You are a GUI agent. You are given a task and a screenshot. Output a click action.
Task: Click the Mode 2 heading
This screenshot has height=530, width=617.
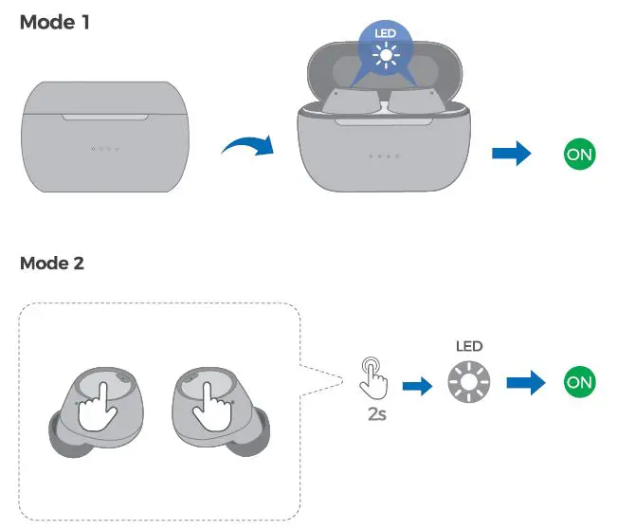tap(53, 263)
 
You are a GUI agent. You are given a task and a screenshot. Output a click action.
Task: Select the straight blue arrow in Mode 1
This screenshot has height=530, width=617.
tap(511, 155)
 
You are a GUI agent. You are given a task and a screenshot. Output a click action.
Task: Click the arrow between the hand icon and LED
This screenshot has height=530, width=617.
tap(416, 385)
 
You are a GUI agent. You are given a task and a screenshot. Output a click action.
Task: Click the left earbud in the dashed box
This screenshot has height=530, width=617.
tap(96, 407)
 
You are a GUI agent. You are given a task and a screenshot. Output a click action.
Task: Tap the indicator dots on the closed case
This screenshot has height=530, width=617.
tap(105, 149)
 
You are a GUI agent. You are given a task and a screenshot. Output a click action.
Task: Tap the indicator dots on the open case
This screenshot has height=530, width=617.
tap(385, 156)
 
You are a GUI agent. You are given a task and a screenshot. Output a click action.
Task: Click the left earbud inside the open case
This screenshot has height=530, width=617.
tap(350, 101)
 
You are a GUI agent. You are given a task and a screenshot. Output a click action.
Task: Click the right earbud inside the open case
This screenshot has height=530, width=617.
tap(417, 101)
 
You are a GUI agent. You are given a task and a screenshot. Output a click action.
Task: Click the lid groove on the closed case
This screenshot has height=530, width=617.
tap(105, 117)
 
